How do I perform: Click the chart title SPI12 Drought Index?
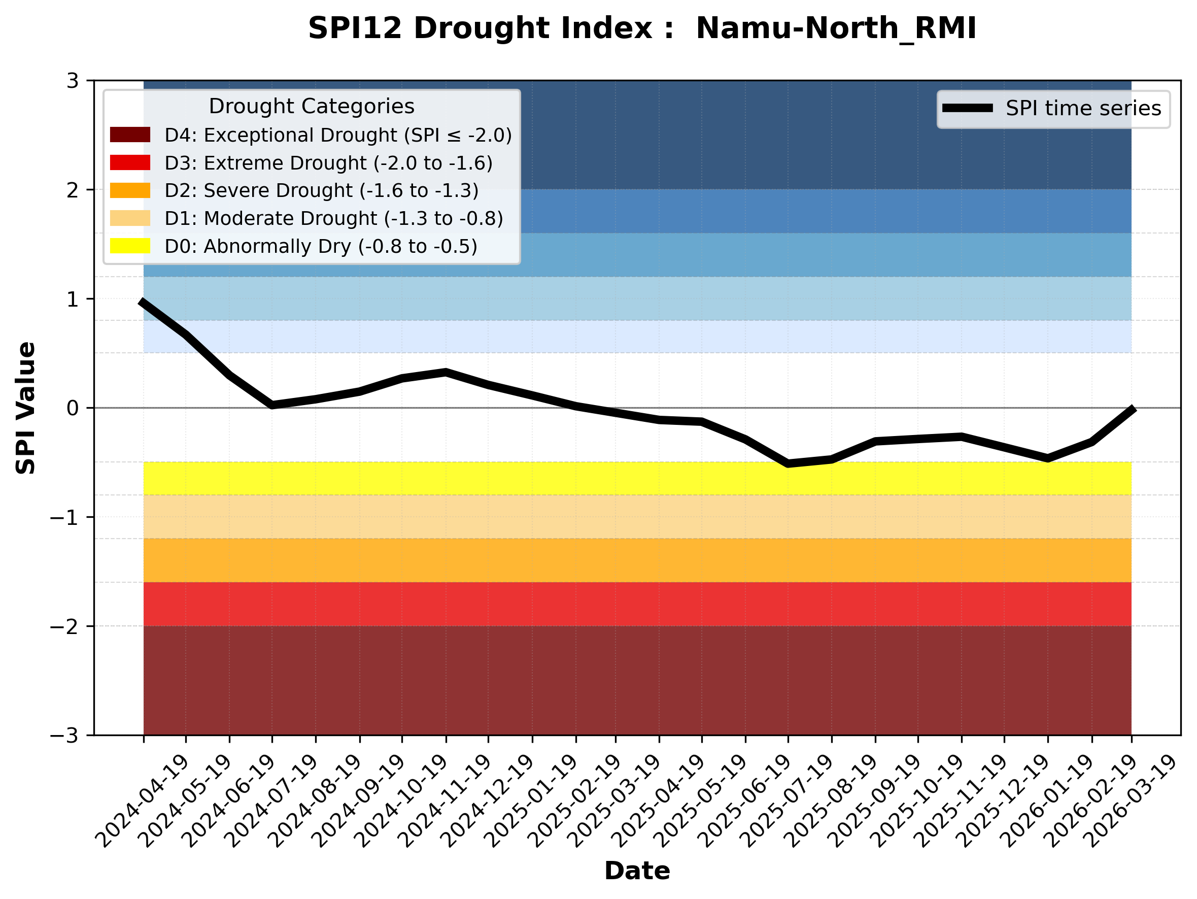pyautogui.click(x=642, y=28)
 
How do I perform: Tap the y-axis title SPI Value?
pyautogui.click(x=25, y=408)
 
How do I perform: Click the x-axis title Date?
pyautogui.click(x=637, y=871)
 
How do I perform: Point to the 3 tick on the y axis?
pyautogui.click(x=73, y=81)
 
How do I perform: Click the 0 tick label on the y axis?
pyautogui.click(x=73, y=408)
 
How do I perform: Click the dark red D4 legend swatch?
pyautogui.click(x=130, y=135)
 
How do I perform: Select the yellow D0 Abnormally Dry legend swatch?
pyautogui.click(x=130, y=246)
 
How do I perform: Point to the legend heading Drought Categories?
pyautogui.click(x=311, y=106)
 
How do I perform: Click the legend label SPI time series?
pyautogui.click(x=1083, y=108)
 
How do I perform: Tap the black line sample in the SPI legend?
pyautogui.click(x=968, y=108)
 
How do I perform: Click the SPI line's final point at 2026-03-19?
pyautogui.click(x=1131, y=409)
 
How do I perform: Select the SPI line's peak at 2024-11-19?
pyautogui.click(x=446, y=373)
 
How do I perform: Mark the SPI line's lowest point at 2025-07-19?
pyautogui.click(x=788, y=463)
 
